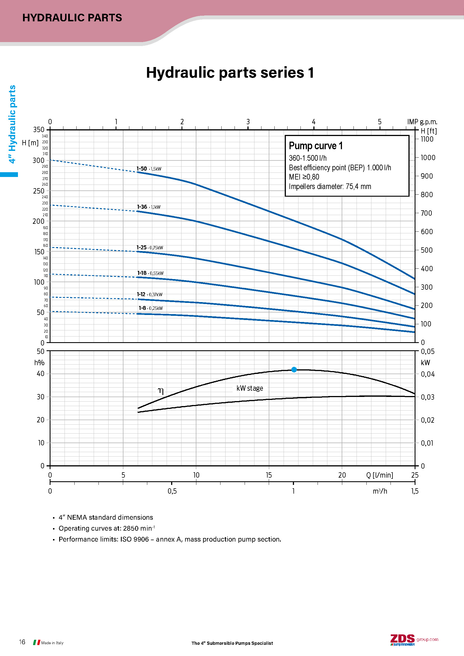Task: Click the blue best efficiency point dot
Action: [294, 370]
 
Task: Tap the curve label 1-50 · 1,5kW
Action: [149, 169]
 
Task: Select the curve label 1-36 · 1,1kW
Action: [149, 207]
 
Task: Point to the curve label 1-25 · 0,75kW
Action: [150, 247]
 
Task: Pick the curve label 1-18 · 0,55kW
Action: [150, 273]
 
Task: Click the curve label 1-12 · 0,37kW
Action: [150, 294]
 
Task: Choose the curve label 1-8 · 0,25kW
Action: [151, 308]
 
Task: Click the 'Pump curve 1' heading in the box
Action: [315, 146]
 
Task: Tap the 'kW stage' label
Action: [250, 388]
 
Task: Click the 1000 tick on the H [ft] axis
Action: [428, 158]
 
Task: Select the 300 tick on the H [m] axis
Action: [38, 160]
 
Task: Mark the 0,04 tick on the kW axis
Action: [428, 374]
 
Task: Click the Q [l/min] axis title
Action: [380, 475]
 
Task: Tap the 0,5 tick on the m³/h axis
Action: [172, 491]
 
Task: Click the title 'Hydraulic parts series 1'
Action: [230, 73]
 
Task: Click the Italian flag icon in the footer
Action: [36, 643]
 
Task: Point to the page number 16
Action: [22, 642]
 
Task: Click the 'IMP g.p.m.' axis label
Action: [422, 122]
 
